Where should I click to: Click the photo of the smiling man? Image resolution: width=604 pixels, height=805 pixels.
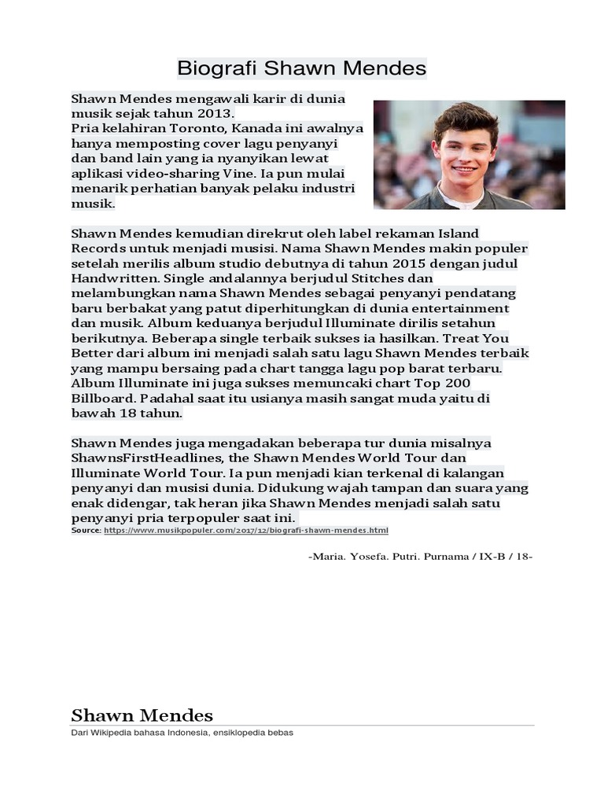pyautogui.click(x=469, y=155)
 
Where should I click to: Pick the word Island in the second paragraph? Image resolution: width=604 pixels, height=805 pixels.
pyautogui.click(x=457, y=233)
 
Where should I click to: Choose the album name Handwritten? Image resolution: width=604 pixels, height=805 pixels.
pyautogui.click(x=115, y=278)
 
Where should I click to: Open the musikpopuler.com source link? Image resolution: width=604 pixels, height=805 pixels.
pyautogui.click(x=246, y=531)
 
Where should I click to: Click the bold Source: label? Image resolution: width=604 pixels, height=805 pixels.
pyautogui.click(x=86, y=531)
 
